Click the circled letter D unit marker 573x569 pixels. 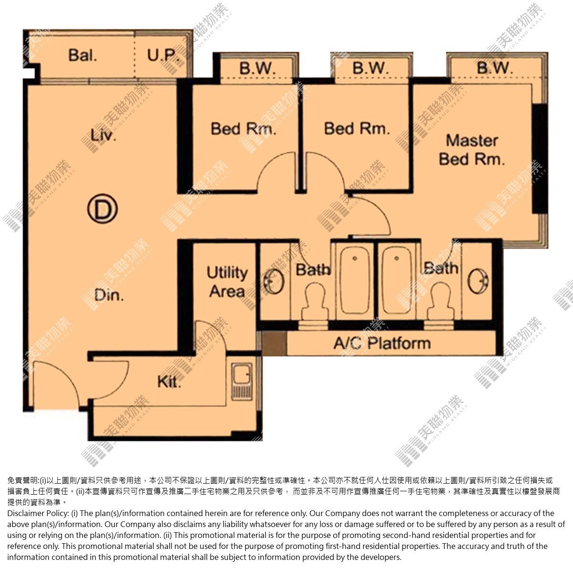102,208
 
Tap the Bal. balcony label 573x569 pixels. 83,55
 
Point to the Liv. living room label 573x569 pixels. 103,135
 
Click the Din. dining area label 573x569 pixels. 109,295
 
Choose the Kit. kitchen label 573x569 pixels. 169,382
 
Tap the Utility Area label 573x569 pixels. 227,282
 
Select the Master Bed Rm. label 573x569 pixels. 472,150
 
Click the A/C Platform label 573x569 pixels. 382,343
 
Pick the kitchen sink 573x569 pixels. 242,381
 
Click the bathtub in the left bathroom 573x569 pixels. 354,280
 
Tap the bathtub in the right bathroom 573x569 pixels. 397,280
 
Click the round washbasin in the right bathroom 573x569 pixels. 478,281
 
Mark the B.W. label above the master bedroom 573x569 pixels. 495,68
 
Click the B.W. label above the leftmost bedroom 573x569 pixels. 257,68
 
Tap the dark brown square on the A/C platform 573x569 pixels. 274,343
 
